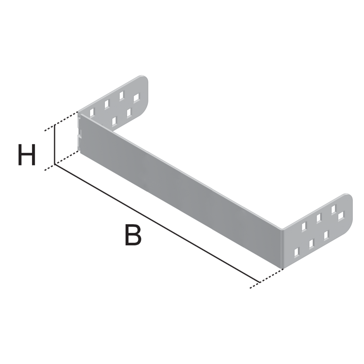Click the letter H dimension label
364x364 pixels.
[27, 155]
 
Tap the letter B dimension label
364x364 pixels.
[133, 235]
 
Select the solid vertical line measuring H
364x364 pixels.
[55, 144]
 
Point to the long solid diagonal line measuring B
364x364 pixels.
[157, 223]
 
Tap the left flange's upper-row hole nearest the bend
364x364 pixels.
[92, 112]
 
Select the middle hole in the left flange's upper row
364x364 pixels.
[107, 104]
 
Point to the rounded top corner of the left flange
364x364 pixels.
[144, 79]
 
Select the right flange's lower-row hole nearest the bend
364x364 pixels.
[297, 252]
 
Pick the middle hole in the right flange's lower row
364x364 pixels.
[311, 243]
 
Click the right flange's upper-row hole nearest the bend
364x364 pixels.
[304, 226]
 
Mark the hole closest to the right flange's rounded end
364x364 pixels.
[341, 216]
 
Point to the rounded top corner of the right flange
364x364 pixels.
[348, 197]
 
